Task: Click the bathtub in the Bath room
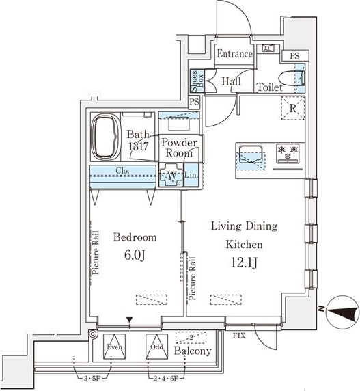point(106,137)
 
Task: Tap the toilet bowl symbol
point(291,79)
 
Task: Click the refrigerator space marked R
point(293,108)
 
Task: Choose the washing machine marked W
point(171,175)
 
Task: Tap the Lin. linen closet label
point(191,175)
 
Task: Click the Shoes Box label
point(197,81)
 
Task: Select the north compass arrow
point(342,312)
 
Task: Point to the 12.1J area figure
point(244,262)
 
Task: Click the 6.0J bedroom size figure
point(135,255)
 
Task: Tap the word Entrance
point(234,54)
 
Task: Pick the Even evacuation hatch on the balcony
point(114,347)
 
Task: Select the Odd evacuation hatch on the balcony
point(156,347)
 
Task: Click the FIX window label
point(239,336)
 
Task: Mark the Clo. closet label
point(122,171)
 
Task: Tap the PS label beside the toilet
point(294,55)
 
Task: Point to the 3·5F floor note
point(92,379)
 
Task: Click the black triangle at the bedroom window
point(129,319)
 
